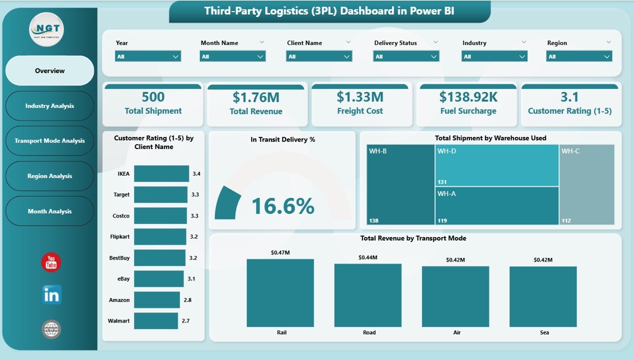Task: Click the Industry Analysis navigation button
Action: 49,106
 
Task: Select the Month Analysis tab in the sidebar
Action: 49,211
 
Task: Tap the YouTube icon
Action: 51,262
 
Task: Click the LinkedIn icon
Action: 51,295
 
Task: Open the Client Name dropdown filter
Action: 319,56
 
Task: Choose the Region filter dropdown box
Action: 578,56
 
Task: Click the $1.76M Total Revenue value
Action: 255,97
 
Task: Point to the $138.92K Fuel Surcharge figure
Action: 467,96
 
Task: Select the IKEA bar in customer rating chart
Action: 161,174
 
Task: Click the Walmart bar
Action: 155,321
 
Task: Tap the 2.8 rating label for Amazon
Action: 187,300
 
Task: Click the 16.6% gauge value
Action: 282,206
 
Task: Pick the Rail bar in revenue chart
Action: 280,293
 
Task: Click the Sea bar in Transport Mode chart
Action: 542,296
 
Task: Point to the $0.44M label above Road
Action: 367,257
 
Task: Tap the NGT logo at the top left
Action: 46,29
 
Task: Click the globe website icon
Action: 51,329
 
